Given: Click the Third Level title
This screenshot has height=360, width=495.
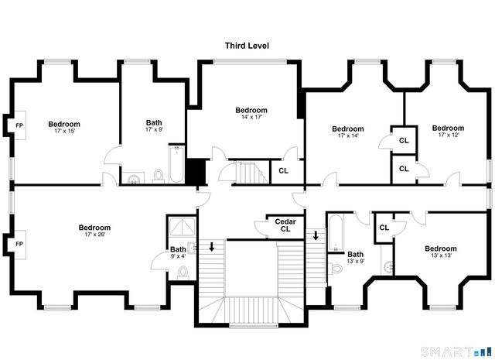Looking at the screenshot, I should [x=247, y=46].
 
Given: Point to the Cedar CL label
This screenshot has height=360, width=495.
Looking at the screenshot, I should [x=285, y=225].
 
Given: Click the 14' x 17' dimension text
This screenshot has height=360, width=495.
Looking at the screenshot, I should [x=251, y=118].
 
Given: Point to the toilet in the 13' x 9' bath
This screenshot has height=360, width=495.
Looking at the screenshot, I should [x=335, y=269].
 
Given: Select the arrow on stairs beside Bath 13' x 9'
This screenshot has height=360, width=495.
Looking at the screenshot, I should [x=315, y=235].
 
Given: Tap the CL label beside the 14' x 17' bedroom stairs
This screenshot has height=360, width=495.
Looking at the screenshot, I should [x=283, y=170].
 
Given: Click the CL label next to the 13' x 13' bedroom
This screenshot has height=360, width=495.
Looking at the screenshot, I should [x=384, y=228].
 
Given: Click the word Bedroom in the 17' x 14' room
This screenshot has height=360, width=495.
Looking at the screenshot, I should [x=347, y=129].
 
